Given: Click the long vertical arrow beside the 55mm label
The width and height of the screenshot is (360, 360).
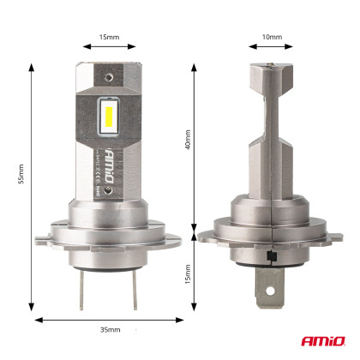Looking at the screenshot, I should click(32, 184).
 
